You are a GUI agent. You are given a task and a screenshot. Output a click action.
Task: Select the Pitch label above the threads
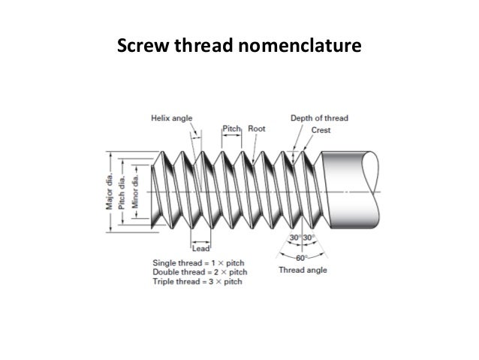click(x=230, y=129)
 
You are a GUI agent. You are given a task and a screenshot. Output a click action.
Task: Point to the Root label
click(x=256, y=129)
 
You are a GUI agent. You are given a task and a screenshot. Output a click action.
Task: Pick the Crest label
click(x=320, y=129)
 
